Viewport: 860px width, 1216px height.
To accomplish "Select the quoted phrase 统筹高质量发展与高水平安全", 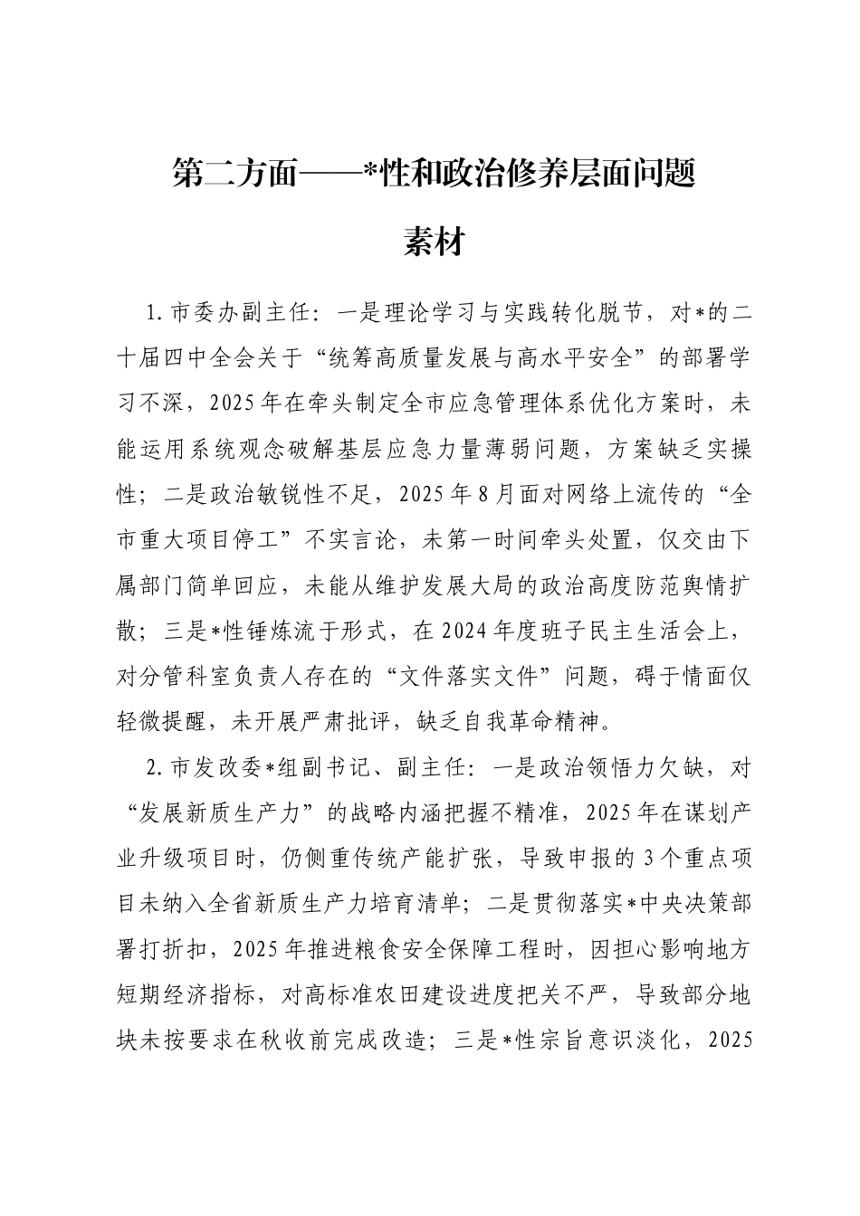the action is (488, 358).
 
